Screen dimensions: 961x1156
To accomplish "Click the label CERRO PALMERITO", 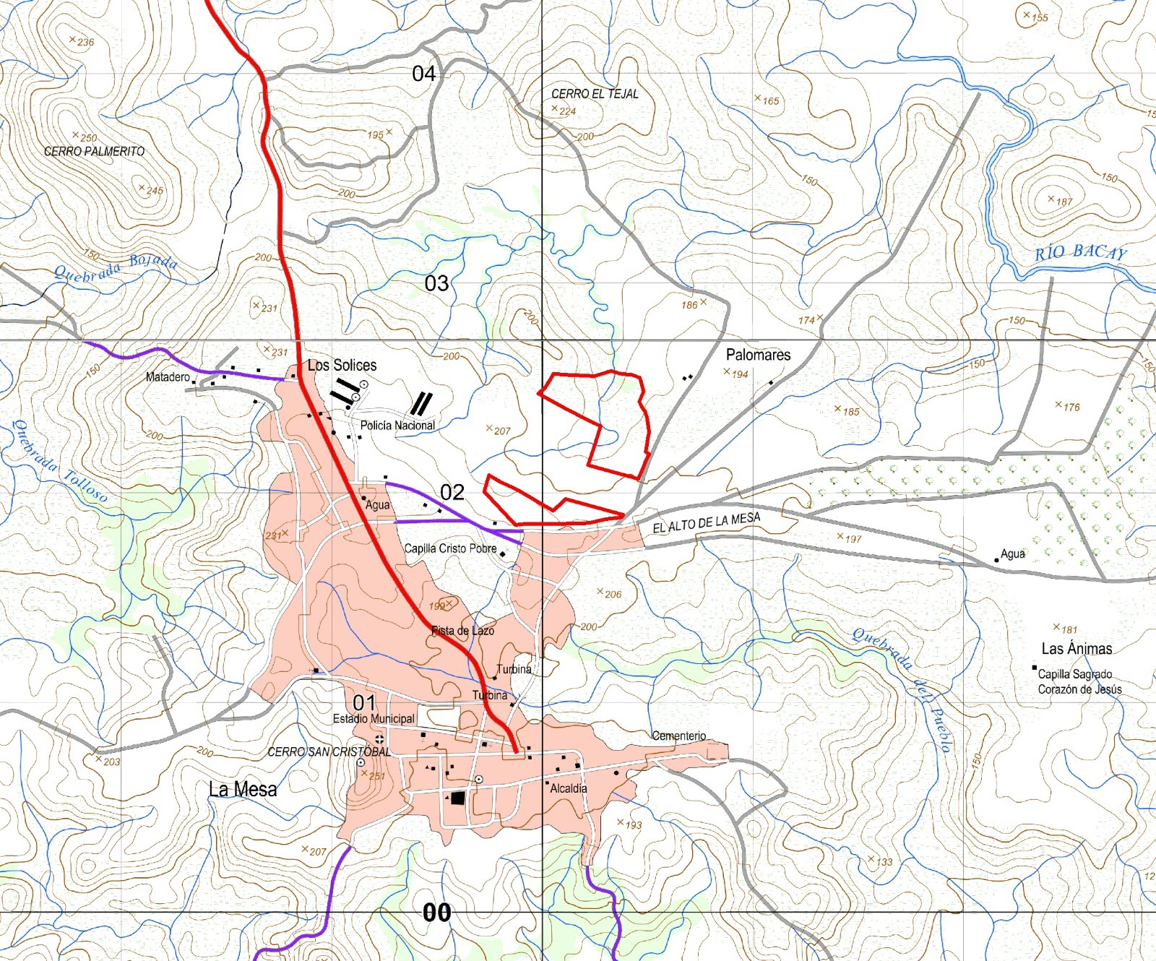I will click(94, 152).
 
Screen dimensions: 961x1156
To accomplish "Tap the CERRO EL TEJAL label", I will click(595, 94).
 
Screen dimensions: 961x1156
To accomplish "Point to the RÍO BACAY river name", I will click(1080, 252).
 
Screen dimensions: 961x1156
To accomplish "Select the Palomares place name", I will click(758, 355).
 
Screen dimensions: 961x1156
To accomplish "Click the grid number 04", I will click(424, 74).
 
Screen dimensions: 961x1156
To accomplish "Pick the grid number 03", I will click(436, 283).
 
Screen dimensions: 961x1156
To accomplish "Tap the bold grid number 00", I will click(436, 913).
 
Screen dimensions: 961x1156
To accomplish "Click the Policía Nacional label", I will click(397, 426).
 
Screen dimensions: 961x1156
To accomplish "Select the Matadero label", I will click(168, 377).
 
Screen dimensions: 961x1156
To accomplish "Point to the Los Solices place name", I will click(342, 366).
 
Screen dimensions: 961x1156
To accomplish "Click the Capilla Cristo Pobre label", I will click(450, 548).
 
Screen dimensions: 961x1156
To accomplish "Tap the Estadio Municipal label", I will click(374, 719).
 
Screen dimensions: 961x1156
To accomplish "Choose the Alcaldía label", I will click(569, 788).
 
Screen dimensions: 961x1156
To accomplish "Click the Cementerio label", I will click(678, 736).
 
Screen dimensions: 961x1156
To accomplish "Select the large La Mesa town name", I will click(243, 789).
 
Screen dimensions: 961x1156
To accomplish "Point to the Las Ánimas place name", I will click(1077, 649).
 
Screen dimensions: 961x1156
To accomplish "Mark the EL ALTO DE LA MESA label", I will click(706, 522).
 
